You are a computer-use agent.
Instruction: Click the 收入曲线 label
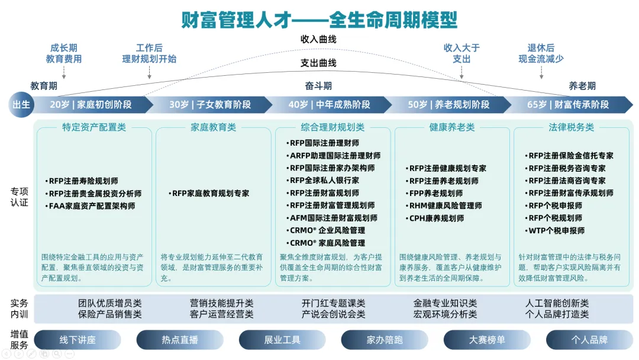coord(318,40)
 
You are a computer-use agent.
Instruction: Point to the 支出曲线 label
coord(318,63)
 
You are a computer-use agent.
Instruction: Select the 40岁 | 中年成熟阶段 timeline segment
coord(329,104)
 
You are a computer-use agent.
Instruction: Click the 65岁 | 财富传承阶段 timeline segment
coord(568,104)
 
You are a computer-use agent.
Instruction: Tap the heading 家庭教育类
coord(213,127)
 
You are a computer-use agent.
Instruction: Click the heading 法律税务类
coord(571,127)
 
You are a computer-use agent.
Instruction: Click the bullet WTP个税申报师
coord(556,230)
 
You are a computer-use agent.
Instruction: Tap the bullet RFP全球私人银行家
coord(324,181)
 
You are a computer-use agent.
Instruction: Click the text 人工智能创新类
coord(557,303)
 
